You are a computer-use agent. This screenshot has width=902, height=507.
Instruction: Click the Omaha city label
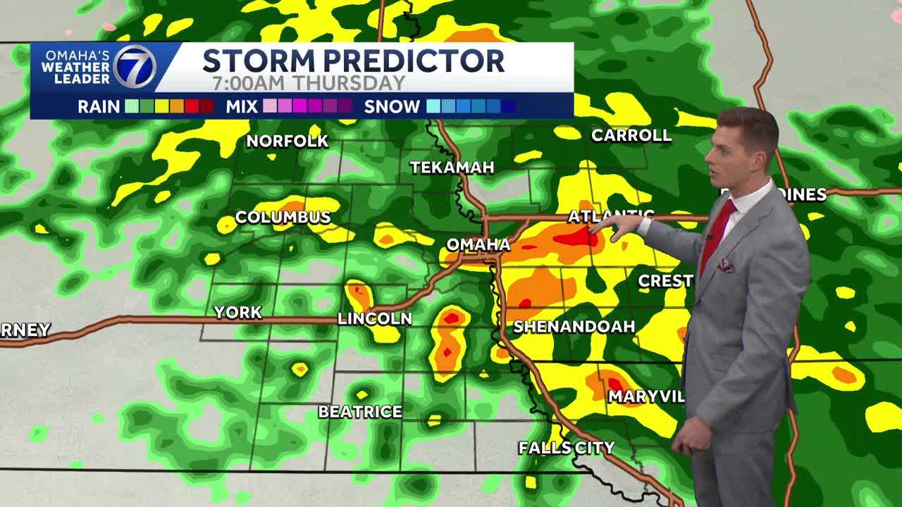[478, 244]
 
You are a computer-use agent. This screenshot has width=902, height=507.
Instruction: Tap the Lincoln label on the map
[375, 318]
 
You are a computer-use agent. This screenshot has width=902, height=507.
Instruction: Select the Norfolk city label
[288, 141]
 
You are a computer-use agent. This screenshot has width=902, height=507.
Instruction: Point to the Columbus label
[283, 217]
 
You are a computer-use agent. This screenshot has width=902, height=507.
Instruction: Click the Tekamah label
[452, 168]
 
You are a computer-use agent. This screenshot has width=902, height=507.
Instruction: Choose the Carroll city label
[631, 135]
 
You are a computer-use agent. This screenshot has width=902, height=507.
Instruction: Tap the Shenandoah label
[574, 326]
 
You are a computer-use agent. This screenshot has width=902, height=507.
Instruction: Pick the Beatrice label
[360, 411]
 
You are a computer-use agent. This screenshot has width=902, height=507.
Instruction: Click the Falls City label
[567, 448]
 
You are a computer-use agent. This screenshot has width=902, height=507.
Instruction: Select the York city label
[238, 312]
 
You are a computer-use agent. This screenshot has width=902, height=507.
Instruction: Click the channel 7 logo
[135, 68]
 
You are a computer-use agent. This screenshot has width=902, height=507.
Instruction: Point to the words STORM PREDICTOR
[353, 61]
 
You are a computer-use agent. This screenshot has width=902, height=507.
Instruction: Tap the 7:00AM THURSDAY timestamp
[309, 82]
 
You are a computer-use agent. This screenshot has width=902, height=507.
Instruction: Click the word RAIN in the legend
[99, 107]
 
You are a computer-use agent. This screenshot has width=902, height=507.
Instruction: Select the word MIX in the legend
[241, 107]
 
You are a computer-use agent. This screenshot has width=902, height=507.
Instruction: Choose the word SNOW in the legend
[392, 107]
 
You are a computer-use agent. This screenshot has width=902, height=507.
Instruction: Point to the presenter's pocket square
[726, 266]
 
